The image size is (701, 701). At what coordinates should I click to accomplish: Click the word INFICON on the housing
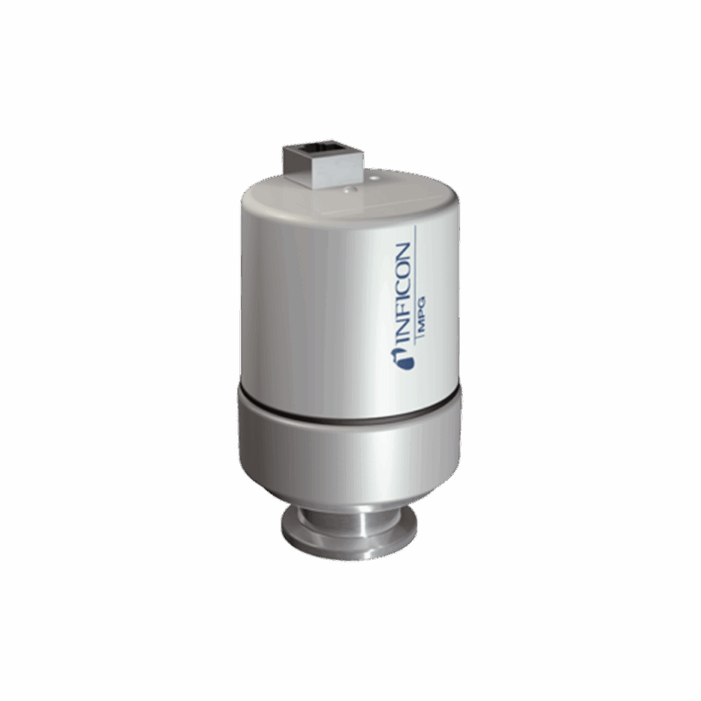[x=400, y=295]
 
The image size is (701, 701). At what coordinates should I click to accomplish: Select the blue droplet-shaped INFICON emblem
[x=401, y=359]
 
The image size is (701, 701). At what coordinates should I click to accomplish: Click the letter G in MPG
[x=420, y=301]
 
